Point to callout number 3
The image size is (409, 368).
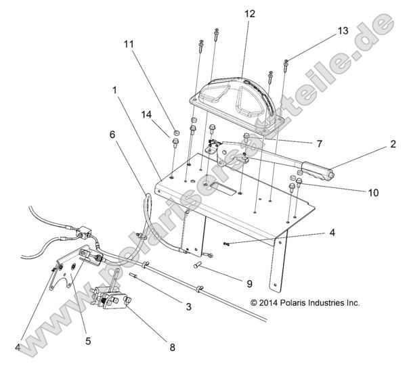pyautogui.click(x=189, y=306)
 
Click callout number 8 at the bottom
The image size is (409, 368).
pyautogui.click(x=171, y=348)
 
